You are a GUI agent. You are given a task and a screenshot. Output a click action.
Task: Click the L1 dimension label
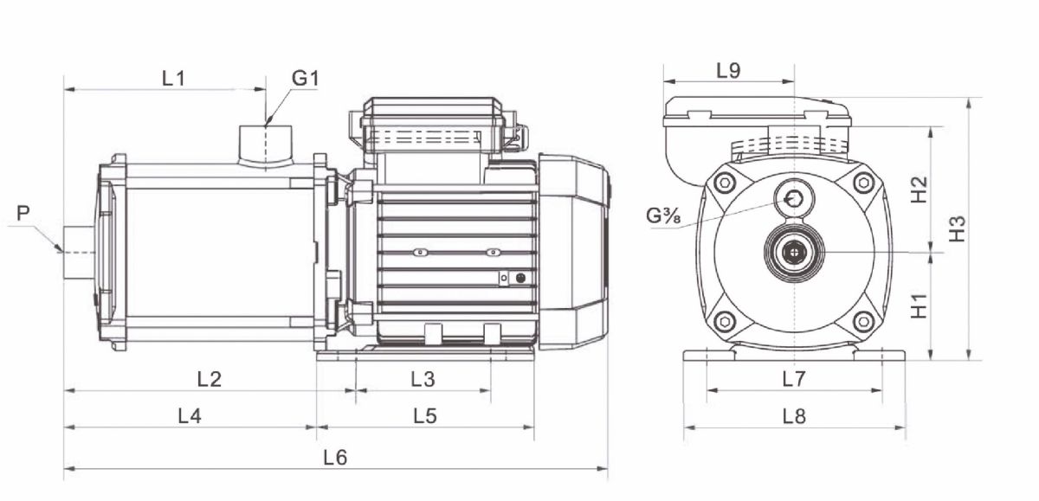[x=174, y=78]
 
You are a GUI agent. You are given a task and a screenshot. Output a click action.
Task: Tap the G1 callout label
[x=305, y=78]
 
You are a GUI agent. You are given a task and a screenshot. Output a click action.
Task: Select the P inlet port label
[x=23, y=212]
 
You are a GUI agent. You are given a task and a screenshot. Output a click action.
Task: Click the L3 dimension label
[x=423, y=378]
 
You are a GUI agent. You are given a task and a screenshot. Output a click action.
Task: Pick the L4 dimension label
[x=190, y=415]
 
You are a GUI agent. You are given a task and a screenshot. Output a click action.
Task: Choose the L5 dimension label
[x=424, y=415]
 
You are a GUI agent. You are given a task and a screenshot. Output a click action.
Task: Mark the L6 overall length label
[x=335, y=457]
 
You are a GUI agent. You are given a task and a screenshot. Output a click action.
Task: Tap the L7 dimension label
[x=794, y=378]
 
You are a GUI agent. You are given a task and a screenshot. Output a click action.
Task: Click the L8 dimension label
[x=794, y=415]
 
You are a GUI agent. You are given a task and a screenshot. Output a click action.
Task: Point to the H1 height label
[x=920, y=305]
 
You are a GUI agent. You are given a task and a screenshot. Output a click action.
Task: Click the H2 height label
[x=920, y=189]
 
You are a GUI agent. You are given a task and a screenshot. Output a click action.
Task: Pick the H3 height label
[x=956, y=228]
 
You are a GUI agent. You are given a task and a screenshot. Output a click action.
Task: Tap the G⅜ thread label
[x=662, y=215]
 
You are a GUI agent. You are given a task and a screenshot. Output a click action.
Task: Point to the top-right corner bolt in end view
[x=862, y=183]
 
